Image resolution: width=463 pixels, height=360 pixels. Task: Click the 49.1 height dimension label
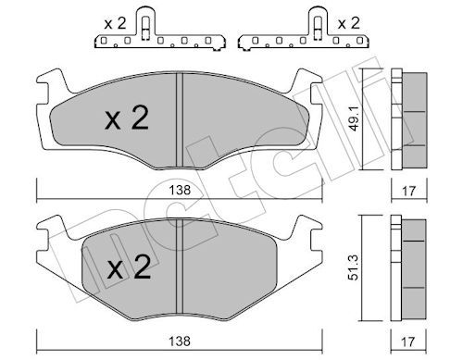355,118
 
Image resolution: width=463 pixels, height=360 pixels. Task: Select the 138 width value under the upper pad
180,191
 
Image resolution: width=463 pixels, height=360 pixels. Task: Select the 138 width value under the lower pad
180,341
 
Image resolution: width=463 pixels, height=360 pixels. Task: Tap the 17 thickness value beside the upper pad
408,191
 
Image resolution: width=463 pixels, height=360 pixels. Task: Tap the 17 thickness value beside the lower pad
408,341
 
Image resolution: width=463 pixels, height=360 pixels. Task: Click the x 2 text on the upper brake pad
127,118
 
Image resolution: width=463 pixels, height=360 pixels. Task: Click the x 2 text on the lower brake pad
130,267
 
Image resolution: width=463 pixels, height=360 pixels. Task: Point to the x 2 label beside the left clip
115,23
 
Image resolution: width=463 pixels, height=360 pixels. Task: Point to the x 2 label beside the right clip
349,23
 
